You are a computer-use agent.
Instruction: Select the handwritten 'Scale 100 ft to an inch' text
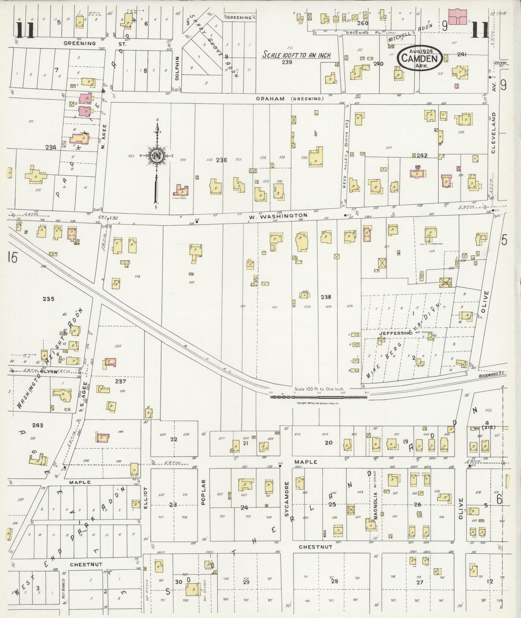297,55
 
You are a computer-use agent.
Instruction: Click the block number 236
222,160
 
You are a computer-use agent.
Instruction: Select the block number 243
37,425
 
